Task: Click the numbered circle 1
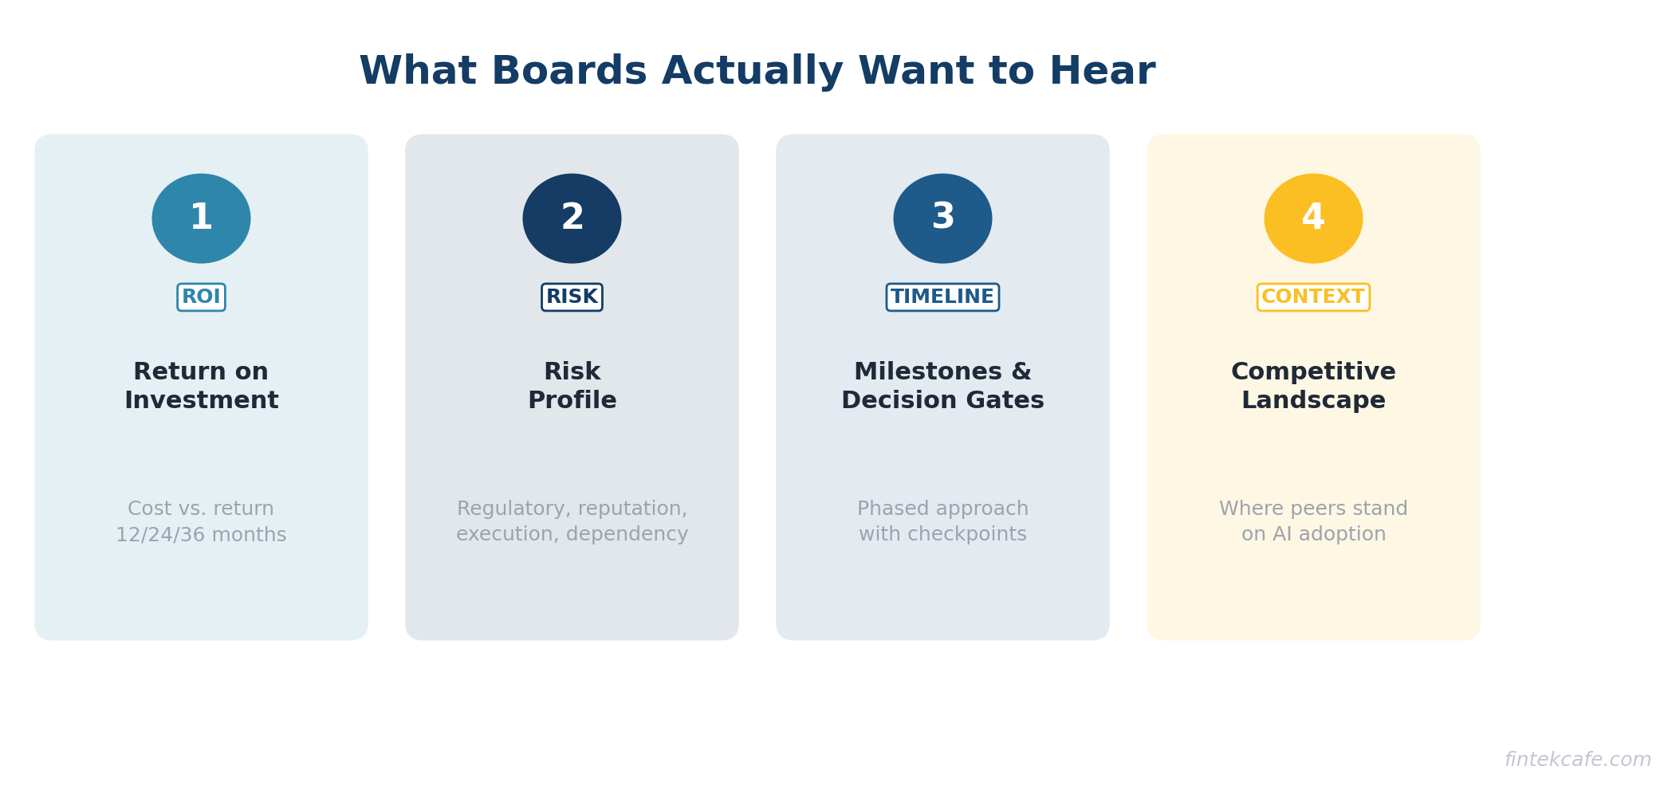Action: click(201, 218)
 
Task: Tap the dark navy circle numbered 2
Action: click(572, 218)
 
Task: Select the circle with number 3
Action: click(942, 218)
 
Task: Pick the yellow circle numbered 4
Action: click(1313, 218)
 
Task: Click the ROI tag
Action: click(201, 297)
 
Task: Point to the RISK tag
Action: click(572, 297)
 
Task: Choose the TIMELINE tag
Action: click(942, 297)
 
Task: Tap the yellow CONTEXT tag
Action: click(1313, 297)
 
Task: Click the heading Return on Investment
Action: click(201, 387)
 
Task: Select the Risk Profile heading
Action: click(572, 387)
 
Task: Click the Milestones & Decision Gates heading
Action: click(942, 387)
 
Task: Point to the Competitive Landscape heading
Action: click(1313, 387)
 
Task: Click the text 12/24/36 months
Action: click(201, 535)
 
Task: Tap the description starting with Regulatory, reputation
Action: click(572, 521)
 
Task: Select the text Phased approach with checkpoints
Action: click(942, 521)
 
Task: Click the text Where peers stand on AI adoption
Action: click(1313, 521)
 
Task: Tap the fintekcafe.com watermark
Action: click(1578, 760)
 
